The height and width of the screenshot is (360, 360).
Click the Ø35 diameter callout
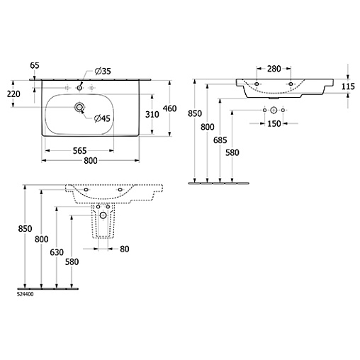click(103, 71)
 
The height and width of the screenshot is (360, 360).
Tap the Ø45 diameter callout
click(102, 118)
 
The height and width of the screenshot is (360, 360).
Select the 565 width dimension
click(80, 151)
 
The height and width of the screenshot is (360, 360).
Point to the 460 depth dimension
click(169, 108)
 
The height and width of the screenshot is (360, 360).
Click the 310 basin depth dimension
click(152, 114)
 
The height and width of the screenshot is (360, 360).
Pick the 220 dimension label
click(13, 94)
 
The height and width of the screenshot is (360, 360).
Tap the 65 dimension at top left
click(35, 65)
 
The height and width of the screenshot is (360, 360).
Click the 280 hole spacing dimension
click(274, 69)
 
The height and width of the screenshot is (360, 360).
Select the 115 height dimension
click(348, 86)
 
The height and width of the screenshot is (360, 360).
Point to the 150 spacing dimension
click(274, 123)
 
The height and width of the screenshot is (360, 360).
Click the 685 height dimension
click(220, 140)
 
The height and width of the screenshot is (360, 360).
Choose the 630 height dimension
click(57, 252)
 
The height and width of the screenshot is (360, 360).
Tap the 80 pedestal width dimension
click(125, 249)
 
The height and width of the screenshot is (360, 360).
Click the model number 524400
click(26, 294)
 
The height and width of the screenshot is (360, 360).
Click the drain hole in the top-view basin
click(79, 108)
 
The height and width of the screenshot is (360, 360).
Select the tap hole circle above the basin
click(79, 88)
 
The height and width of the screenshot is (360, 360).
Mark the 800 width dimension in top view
click(91, 161)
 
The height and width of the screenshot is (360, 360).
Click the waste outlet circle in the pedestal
click(103, 215)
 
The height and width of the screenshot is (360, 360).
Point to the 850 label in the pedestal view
click(25, 229)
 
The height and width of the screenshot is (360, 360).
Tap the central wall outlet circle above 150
click(274, 110)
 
